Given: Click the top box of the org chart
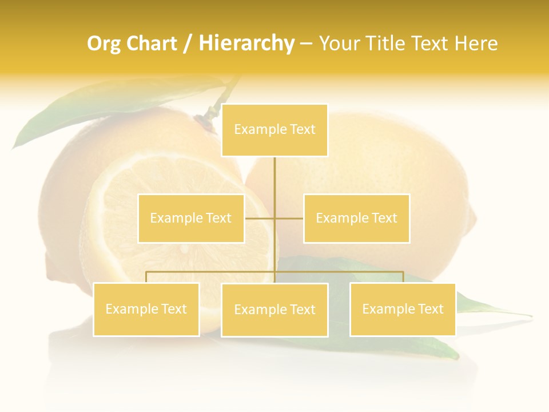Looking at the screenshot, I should (x=274, y=130).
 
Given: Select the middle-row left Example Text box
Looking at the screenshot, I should (x=191, y=218).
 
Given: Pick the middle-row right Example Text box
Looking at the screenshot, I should (x=356, y=218).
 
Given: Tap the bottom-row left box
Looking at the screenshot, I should (x=146, y=309).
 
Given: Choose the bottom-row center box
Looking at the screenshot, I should (x=274, y=310).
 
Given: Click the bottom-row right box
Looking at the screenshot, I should (x=403, y=309).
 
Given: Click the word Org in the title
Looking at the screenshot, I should (x=103, y=43).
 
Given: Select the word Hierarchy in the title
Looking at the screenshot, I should (x=246, y=43).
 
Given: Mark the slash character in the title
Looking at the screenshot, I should (x=188, y=43).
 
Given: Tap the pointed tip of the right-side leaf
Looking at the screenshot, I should (x=530, y=315).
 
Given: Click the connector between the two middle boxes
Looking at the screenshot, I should (x=274, y=218).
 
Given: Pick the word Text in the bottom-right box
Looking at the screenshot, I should (x=431, y=309).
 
